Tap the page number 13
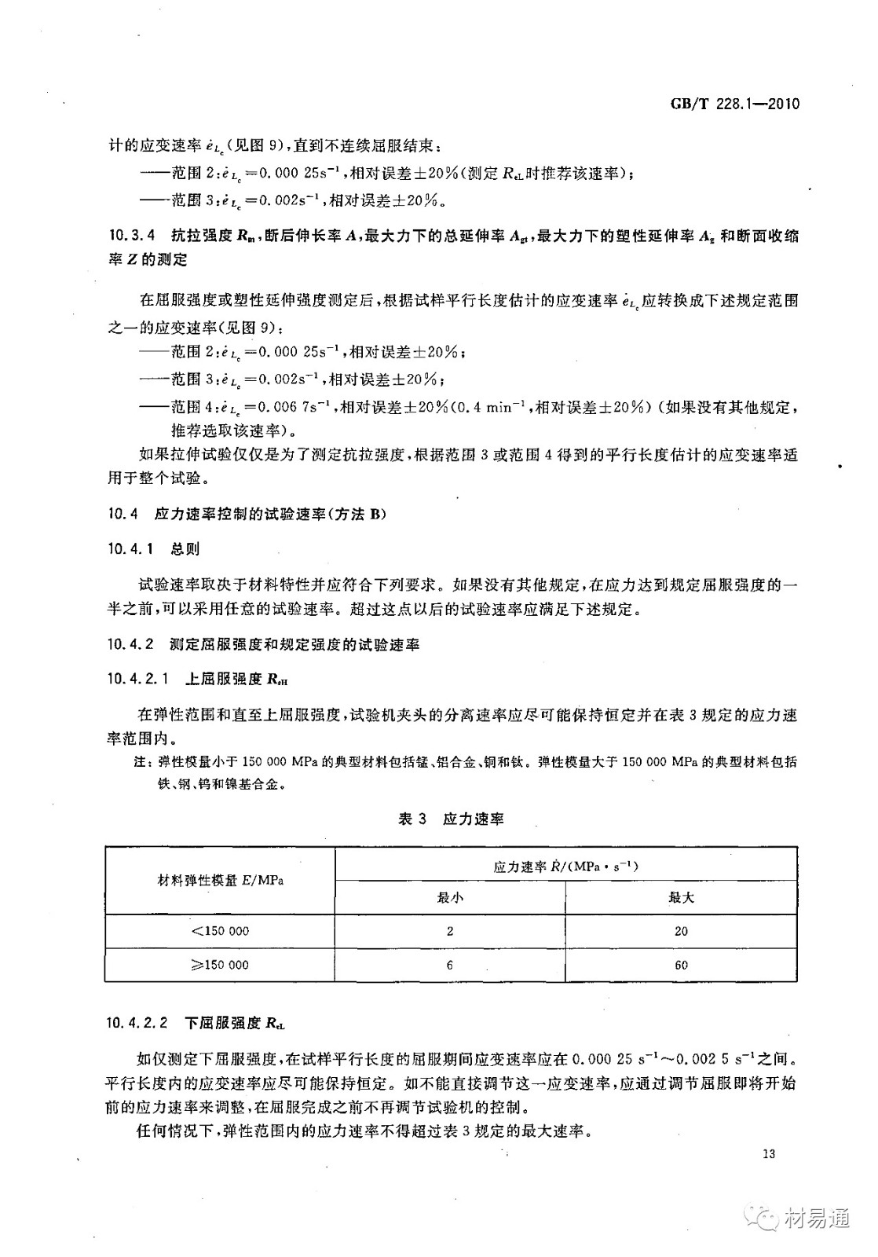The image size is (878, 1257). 768,1154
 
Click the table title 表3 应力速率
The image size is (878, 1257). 451,819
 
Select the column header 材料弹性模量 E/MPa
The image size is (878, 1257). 221,880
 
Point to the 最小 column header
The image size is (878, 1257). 449,897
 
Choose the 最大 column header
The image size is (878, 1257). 681,897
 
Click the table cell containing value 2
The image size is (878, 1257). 450,931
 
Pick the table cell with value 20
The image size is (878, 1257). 681,931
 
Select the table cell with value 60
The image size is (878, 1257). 681,965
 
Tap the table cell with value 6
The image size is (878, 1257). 450,965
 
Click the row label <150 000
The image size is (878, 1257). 220,931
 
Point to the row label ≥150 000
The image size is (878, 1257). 220,965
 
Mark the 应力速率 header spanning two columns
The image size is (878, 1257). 565,867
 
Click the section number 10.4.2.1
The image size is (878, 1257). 137,678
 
